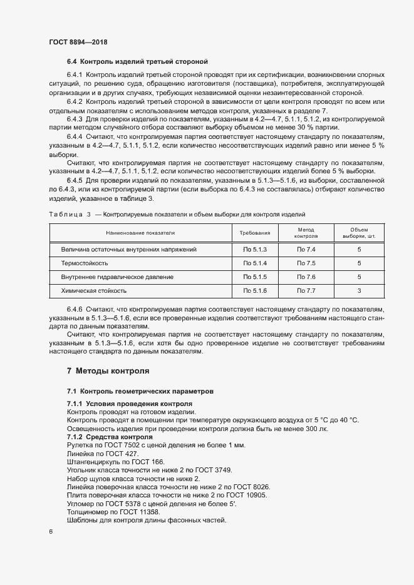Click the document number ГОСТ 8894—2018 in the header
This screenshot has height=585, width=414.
tap(78, 42)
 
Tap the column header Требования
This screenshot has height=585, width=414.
tap(255, 233)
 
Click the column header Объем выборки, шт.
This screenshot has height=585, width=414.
tap(359, 233)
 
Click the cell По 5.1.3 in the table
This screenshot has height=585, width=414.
tap(255, 249)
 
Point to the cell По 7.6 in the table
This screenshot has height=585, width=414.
tap(306, 277)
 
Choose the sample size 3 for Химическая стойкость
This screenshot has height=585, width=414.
tap(359, 290)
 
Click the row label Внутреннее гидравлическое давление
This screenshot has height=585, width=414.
tap(117, 277)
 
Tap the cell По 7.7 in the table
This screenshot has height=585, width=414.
tap(306, 290)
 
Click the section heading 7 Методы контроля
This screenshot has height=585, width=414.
tap(108, 370)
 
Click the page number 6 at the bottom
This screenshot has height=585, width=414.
tap(51, 532)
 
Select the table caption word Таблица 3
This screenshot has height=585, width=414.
tap(70, 214)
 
